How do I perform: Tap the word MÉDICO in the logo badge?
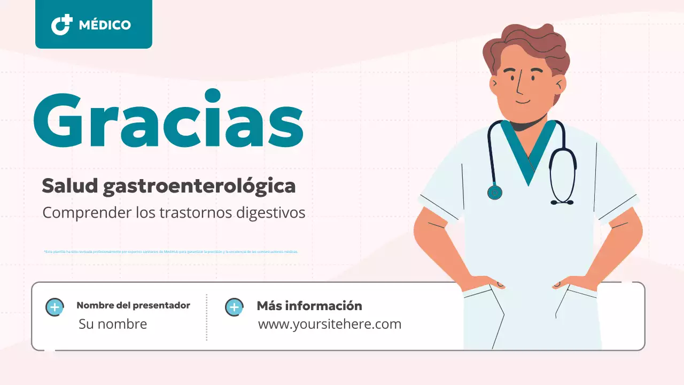[x=105, y=25]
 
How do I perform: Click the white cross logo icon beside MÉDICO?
[x=61, y=25]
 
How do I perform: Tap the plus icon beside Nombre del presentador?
[x=55, y=307]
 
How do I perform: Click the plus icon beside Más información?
[x=234, y=307]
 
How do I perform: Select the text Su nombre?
[x=113, y=324]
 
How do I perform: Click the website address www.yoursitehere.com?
[x=329, y=324]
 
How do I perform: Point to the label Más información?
[x=309, y=306]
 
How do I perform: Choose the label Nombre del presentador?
[x=133, y=306]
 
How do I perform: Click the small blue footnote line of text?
[x=170, y=251]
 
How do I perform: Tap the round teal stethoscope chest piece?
[x=495, y=192]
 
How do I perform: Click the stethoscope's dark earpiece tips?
[x=562, y=202]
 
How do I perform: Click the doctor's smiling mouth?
[x=523, y=101]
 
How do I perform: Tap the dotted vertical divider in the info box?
[x=207, y=317]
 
